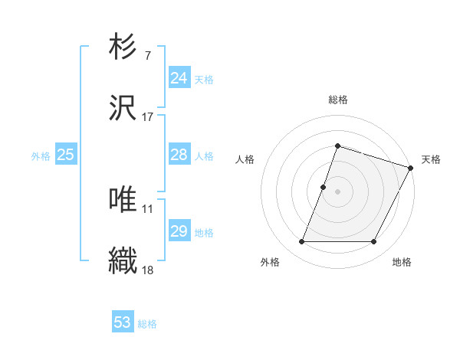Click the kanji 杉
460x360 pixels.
coord(123,47)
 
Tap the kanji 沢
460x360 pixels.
coord(123,108)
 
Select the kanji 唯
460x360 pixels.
coord(123,199)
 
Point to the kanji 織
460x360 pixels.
coord(123,260)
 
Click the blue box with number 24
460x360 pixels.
coord(179,78)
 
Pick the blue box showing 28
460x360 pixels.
coord(179,155)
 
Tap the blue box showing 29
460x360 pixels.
coord(179,231)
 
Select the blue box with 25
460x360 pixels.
coord(65,155)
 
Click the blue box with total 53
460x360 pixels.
coord(123,322)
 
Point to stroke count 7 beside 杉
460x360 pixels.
coord(147,55)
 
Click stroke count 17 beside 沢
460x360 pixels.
coord(147,116)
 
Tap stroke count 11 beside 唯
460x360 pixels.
coord(147,208)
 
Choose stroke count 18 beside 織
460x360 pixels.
coord(147,269)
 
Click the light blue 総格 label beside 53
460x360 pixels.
coord(147,324)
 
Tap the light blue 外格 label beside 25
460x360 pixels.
coord(41,156)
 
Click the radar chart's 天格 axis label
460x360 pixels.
coord(431,159)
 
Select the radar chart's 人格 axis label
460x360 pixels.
coord(245,159)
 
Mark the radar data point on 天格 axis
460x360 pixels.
coord(412,168)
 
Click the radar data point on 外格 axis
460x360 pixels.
coord(301,242)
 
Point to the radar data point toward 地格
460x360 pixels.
coord(373,242)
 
